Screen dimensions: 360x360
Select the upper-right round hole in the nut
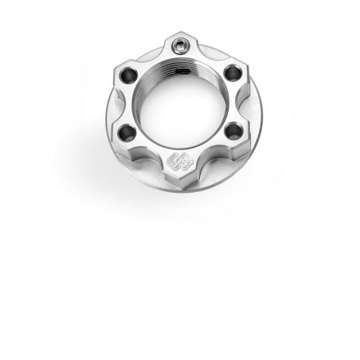tap(233, 72)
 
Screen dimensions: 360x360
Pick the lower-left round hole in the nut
tap(126, 132)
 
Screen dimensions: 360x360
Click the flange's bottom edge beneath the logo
tap(181, 191)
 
